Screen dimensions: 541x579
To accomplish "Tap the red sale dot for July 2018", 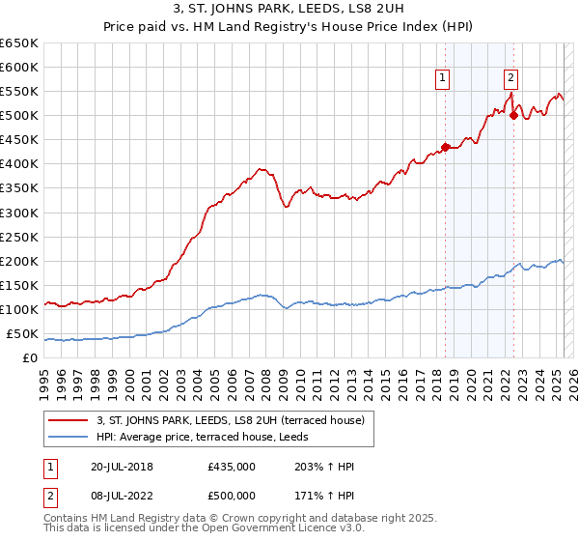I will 445,147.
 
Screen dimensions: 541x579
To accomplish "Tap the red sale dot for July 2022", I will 513,115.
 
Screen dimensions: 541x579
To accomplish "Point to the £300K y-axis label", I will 19,213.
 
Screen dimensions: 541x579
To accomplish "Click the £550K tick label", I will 19,92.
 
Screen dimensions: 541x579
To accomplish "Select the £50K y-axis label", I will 23,334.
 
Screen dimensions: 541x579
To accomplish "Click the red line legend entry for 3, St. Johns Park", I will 230,420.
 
